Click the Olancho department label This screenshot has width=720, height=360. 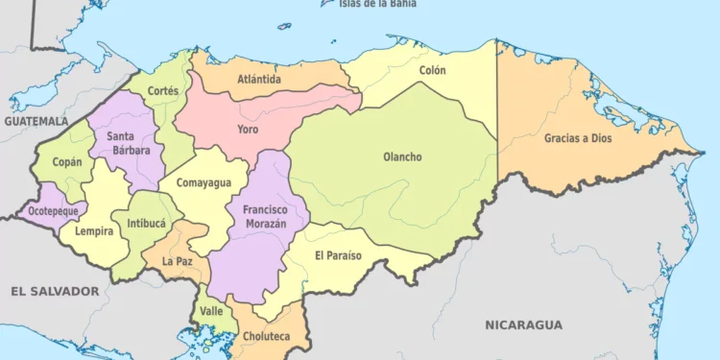(402, 157)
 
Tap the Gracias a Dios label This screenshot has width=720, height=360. (578, 137)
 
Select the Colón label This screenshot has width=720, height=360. (433, 71)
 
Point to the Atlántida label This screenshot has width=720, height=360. (260, 80)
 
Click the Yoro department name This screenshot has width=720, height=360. (248, 128)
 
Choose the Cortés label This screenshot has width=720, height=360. (164, 90)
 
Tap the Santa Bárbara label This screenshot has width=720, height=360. (126, 143)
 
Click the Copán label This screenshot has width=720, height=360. (67, 162)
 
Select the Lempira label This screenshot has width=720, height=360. (94, 231)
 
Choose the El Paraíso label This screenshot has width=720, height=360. (338, 255)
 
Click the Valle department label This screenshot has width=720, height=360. (211, 311)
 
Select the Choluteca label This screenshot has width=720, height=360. (265, 336)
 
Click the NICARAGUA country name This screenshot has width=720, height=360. (523, 324)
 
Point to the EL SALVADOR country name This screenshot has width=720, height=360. (55, 290)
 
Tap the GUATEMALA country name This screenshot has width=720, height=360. (36, 122)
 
